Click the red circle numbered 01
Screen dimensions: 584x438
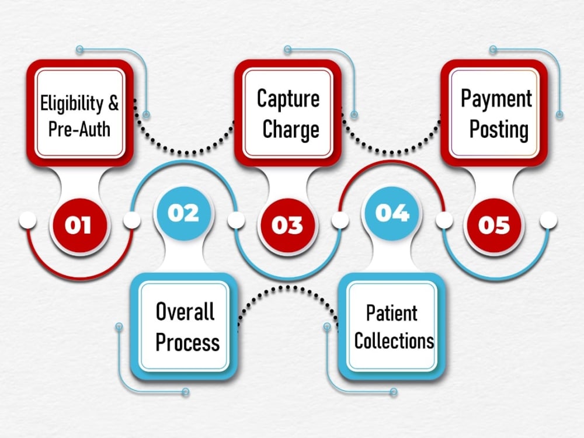tap(78, 225)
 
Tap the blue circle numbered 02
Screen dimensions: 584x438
tap(183, 213)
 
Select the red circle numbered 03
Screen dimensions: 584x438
tap(286, 225)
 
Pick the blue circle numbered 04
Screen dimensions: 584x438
tap(392, 213)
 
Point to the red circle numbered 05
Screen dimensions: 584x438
tap(494, 225)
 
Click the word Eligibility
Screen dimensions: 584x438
tap(71, 103)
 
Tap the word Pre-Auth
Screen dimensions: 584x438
tap(79, 129)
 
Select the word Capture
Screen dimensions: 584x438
tap(288, 99)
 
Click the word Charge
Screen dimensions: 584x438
tap(291, 129)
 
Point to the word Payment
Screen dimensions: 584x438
tap(496, 99)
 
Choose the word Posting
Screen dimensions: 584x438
tap(499, 130)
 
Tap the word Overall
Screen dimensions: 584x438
tap(185, 311)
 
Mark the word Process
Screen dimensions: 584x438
tap(187, 342)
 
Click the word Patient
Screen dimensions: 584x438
tap(391, 313)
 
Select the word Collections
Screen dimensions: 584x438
tap(394, 340)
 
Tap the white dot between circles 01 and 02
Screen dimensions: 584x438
tap(131, 220)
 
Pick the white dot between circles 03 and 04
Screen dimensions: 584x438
tap(340, 220)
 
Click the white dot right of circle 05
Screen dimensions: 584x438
tap(548, 220)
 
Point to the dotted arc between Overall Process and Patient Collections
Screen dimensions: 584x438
tap(288, 287)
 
